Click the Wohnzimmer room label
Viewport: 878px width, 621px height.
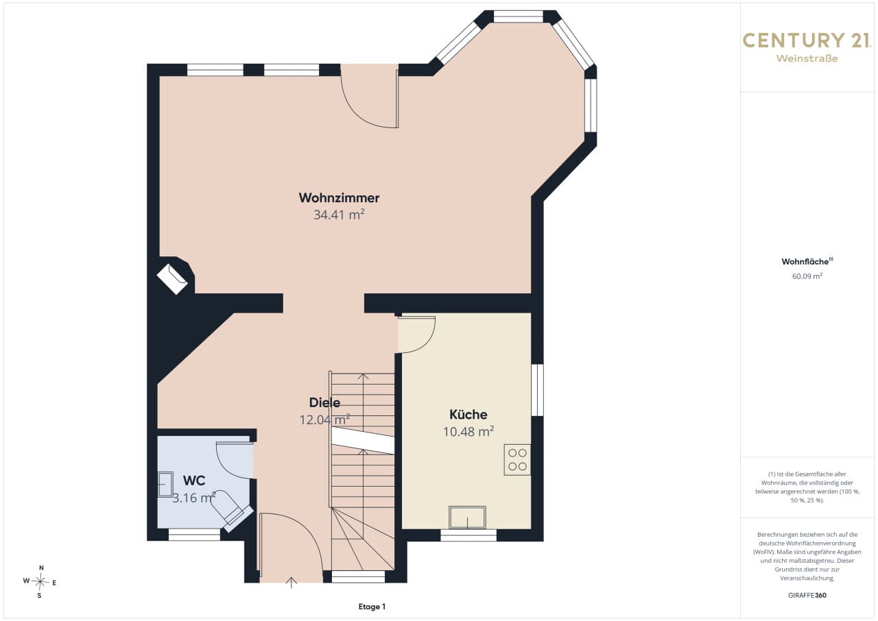(x=339, y=197)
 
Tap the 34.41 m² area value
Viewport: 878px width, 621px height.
(x=339, y=215)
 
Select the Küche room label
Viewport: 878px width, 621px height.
(x=468, y=414)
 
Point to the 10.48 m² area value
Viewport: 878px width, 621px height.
(x=468, y=432)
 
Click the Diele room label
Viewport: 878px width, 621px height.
(x=324, y=402)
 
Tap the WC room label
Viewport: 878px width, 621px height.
(x=194, y=480)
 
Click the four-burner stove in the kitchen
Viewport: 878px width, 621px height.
(x=517, y=460)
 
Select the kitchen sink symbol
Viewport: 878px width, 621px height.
(x=467, y=517)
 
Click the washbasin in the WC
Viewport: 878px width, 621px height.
(x=165, y=485)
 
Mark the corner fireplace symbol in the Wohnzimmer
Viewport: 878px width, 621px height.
(x=172, y=279)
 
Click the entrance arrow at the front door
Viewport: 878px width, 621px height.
(x=291, y=582)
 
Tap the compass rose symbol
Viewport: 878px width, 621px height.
(x=40, y=582)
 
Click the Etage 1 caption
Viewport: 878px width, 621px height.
(x=372, y=607)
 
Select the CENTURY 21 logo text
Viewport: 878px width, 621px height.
(x=807, y=40)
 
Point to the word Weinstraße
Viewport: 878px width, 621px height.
(x=807, y=59)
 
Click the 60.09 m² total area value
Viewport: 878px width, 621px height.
(x=807, y=276)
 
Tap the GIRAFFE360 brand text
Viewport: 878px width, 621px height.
(x=807, y=595)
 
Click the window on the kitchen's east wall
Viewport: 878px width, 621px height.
(x=537, y=390)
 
